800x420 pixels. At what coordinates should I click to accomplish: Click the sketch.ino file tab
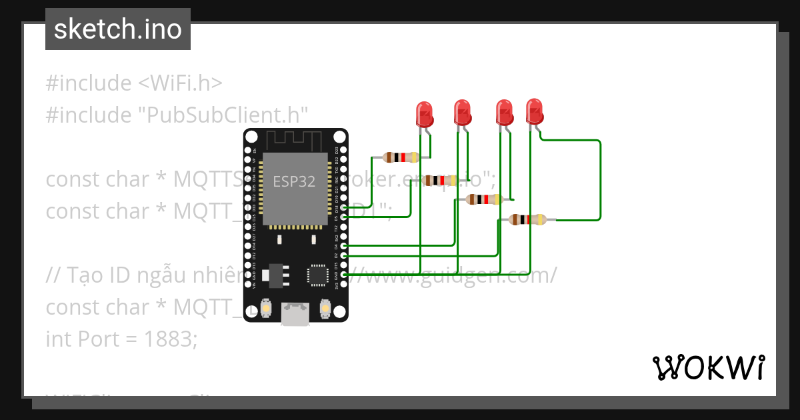[x=118, y=29]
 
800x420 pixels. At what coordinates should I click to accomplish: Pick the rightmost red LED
[x=534, y=111]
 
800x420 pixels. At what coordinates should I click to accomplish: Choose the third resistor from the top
[x=484, y=199]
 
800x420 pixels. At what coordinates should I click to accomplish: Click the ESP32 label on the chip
[x=294, y=181]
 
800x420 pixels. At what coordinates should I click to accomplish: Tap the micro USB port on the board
[x=295, y=314]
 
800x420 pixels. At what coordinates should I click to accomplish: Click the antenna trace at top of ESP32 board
[x=294, y=139]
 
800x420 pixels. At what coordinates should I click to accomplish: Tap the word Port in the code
[x=98, y=339]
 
